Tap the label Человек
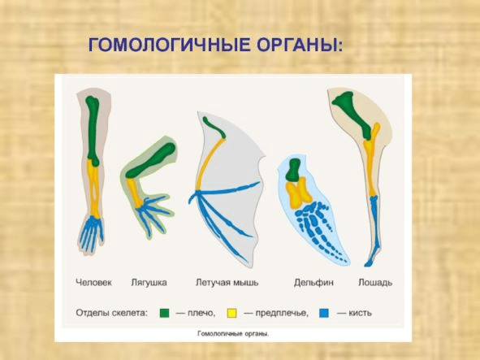point(95,283)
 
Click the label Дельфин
point(310,283)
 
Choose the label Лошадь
point(375,283)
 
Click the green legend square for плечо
point(164,311)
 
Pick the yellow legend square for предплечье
point(231,311)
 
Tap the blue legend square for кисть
point(325,311)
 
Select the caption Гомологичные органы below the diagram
point(233,333)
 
